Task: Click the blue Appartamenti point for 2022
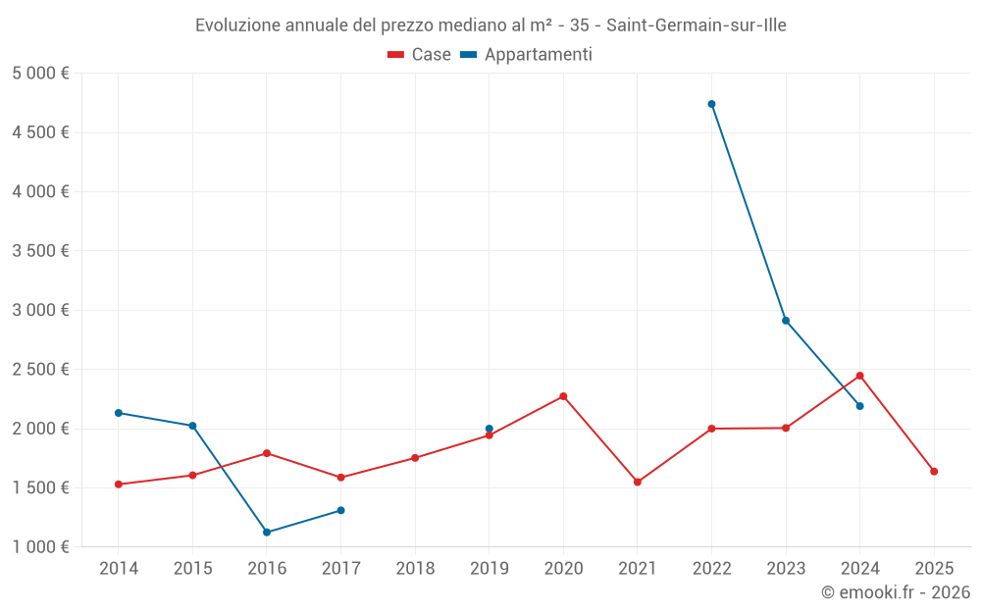(x=711, y=104)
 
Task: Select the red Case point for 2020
(x=563, y=396)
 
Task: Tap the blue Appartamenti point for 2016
(x=267, y=533)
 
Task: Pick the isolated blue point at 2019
(x=490, y=429)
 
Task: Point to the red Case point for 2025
(x=934, y=472)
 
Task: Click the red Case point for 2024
(x=859, y=376)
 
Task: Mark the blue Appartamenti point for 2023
(x=786, y=321)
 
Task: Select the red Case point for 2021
(x=638, y=482)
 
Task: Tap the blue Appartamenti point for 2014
(x=119, y=413)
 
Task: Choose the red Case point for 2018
(x=415, y=458)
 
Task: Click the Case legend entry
(x=420, y=55)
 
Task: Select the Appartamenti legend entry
(x=527, y=55)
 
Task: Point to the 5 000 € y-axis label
(x=40, y=74)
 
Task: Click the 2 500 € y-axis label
(x=40, y=370)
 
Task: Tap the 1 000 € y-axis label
(x=40, y=547)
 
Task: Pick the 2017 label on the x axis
(x=340, y=569)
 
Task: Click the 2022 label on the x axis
(x=711, y=569)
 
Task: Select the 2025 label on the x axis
(x=934, y=569)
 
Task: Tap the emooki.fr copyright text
(x=896, y=592)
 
